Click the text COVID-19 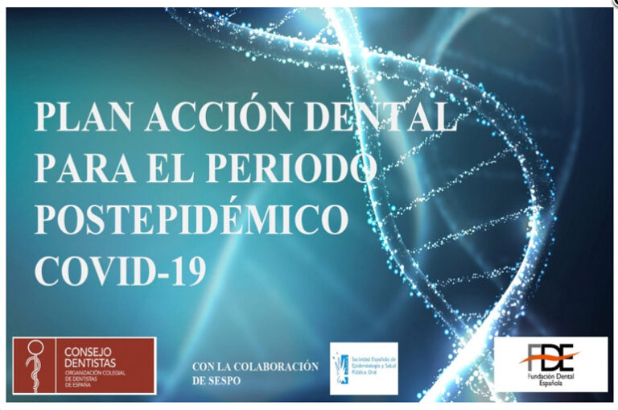[120, 270]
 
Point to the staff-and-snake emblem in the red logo [34, 365]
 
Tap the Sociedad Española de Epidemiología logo [363, 368]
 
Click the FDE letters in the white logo [550, 355]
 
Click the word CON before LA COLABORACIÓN [202, 367]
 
